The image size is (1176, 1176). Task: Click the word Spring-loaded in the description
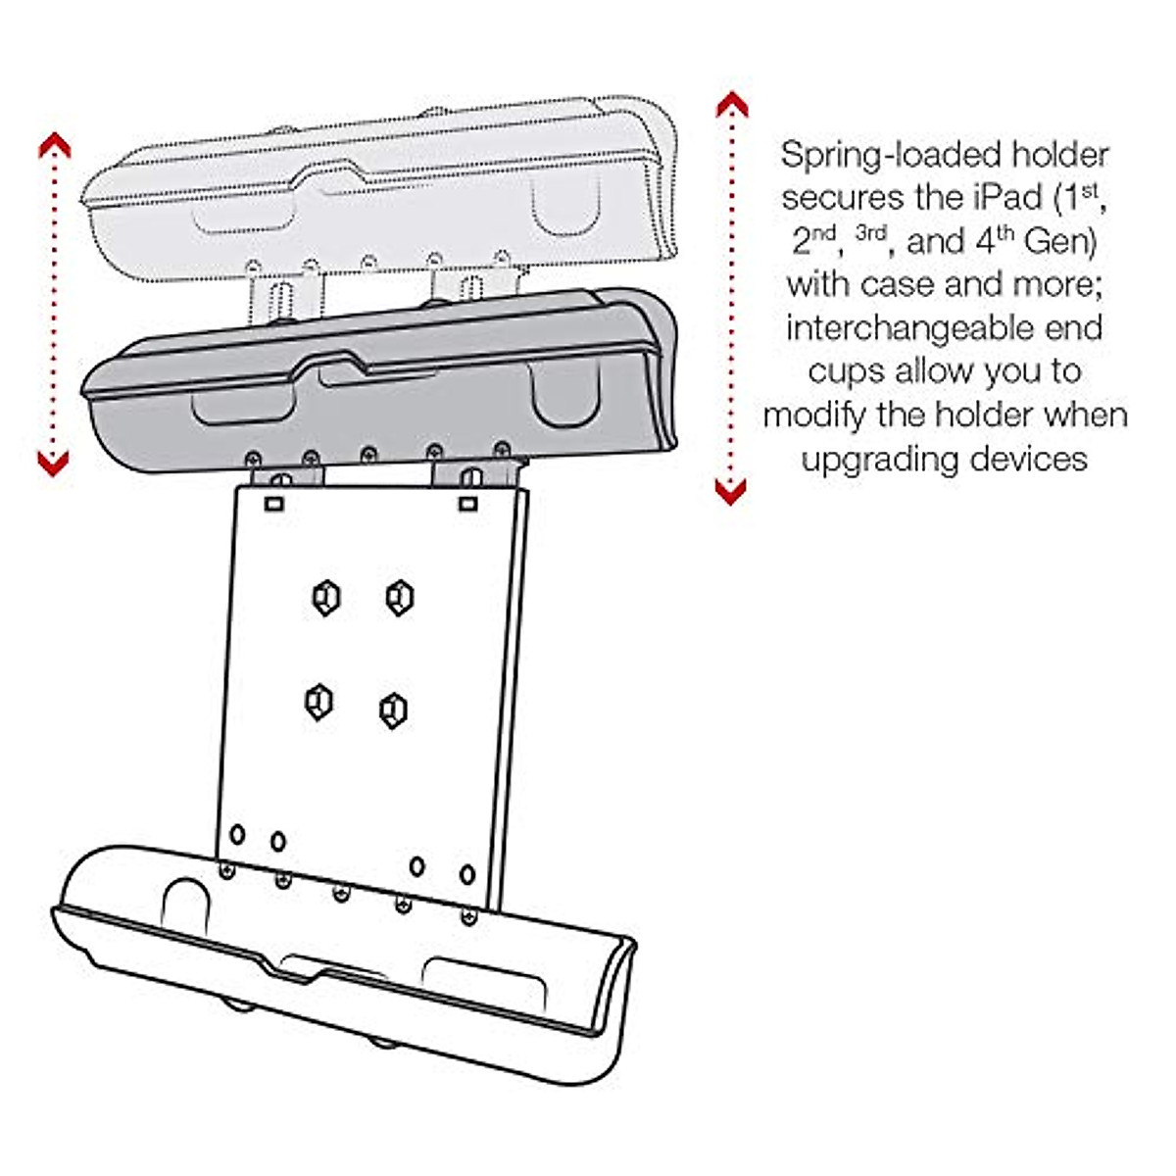[x=877, y=156]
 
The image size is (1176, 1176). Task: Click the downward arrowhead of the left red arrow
[x=54, y=463]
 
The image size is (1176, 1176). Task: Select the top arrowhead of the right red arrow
[x=731, y=105]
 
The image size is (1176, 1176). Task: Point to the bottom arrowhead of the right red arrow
[x=730, y=491]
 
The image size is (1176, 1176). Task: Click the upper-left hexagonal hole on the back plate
[x=326, y=597]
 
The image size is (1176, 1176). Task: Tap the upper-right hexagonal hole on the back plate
[x=399, y=596]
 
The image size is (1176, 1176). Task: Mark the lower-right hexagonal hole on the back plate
[x=393, y=710]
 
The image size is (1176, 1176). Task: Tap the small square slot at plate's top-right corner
[x=468, y=504]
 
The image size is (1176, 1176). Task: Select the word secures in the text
[x=843, y=198]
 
